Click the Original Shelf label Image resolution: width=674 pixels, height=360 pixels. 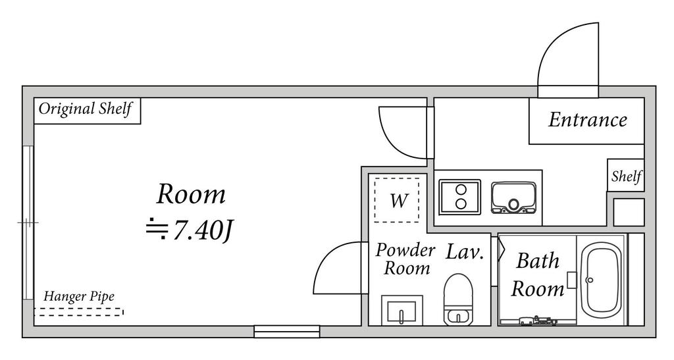pos(85,109)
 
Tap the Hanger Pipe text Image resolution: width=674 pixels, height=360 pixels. pos(79,297)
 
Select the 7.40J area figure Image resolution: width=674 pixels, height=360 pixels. pos(203,231)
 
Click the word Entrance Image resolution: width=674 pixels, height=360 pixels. pos(588,120)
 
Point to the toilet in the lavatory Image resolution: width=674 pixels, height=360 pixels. pos(458,299)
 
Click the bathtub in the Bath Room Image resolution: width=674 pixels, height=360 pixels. pos(601,280)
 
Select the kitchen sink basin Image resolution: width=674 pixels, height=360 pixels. pos(513,198)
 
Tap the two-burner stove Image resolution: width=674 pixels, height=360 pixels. pos(459,197)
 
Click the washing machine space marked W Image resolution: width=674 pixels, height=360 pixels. pos(397,200)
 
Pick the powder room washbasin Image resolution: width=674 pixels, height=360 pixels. pos(402,310)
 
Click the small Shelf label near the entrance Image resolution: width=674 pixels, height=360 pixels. pos(627,176)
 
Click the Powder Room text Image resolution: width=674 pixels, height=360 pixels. pos(405,259)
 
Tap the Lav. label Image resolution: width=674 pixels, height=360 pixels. pos(465,252)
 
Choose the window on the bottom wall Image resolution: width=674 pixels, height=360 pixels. pos(287,331)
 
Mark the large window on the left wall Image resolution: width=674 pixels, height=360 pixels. pos(28,222)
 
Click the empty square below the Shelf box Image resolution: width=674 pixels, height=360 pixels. pos(629,212)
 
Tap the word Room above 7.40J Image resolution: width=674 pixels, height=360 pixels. pos(191,194)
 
